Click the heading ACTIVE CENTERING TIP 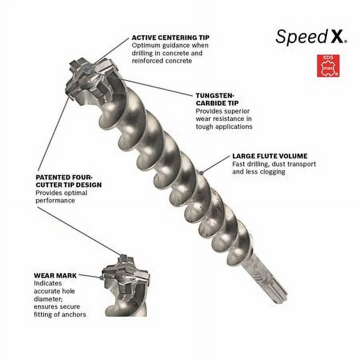(170, 38)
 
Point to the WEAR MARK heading (55, 276)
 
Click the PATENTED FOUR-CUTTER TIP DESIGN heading (68, 181)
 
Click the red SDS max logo (328, 66)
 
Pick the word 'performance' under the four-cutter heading (55, 200)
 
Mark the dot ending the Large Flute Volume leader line (202, 172)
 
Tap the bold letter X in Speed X (338, 37)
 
